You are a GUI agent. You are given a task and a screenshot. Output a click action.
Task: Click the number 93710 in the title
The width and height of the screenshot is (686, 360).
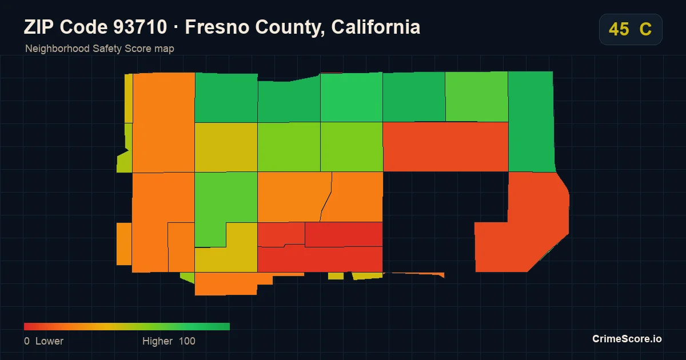pyautogui.click(x=140, y=27)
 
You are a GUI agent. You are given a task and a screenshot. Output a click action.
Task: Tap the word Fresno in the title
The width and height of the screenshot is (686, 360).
pyautogui.click(x=217, y=27)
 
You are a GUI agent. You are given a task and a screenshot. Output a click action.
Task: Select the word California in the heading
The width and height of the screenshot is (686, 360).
pyautogui.click(x=376, y=27)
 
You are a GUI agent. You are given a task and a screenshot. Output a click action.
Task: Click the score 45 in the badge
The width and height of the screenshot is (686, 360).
pyautogui.click(x=619, y=29)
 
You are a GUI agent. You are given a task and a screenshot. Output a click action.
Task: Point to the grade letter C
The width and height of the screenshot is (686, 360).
pyautogui.click(x=645, y=29)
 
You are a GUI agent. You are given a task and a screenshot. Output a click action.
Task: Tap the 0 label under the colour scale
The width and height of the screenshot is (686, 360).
pyautogui.click(x=27, y=341)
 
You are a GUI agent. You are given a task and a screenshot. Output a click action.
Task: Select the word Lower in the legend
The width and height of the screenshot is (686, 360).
pyautogui.click(x=49, y=341)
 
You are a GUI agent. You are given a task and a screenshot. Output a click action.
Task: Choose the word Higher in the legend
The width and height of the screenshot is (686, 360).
pyautogui.click(x=157, y=341)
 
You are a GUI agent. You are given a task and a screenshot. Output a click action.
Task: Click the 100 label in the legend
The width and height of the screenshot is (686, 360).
pyautogui.click(x=187, y=341)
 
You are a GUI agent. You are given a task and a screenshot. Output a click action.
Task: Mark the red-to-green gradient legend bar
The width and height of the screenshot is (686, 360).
pyautogui.click(x=127, y=327)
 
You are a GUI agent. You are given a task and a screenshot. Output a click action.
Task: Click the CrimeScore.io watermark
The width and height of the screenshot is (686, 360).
pyautogui.click(x=627, y=339)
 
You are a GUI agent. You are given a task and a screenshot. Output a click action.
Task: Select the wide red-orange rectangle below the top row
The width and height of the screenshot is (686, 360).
pyautogui.click(x=445, y=147)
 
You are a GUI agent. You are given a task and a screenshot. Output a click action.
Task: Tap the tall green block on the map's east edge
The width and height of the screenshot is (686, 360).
pyautogui.click(x=531, y=122)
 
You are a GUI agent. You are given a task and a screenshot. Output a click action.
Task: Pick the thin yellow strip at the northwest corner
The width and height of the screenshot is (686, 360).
pyautogui.click(x=129, y=98)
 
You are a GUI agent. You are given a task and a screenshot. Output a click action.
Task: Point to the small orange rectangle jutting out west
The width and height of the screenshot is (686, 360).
pyautogui.click(x=124, y=243)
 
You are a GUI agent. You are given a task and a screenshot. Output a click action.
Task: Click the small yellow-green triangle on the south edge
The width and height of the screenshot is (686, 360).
pyautogui.click(x=188, y=278)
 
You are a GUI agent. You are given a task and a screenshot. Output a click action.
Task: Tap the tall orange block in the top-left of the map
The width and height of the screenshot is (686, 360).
pyautogui.click(x=164, y=122)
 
